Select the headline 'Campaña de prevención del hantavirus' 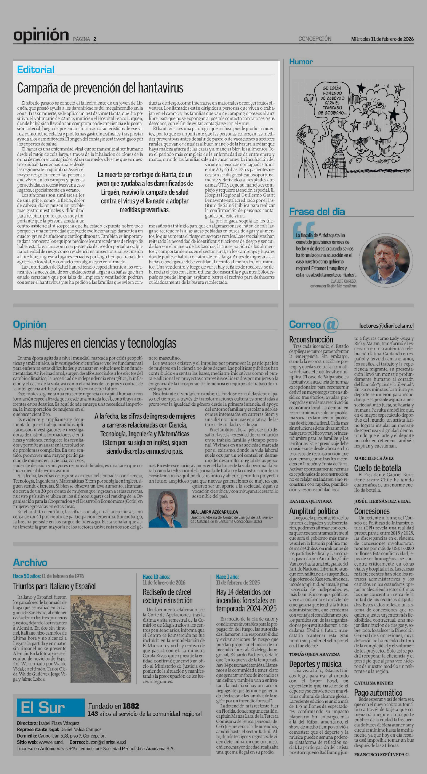coord(100,88)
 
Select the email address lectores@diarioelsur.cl coord(386,326)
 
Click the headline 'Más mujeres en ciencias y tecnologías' coord(95,343)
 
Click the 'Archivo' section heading coord(30,562)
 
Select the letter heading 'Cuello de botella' coord(377,468)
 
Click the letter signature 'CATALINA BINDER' coord(374,683)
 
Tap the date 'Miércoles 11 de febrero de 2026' coord(382,39)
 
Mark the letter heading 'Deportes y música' coord(315,664)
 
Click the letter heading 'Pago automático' coord(378,693)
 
